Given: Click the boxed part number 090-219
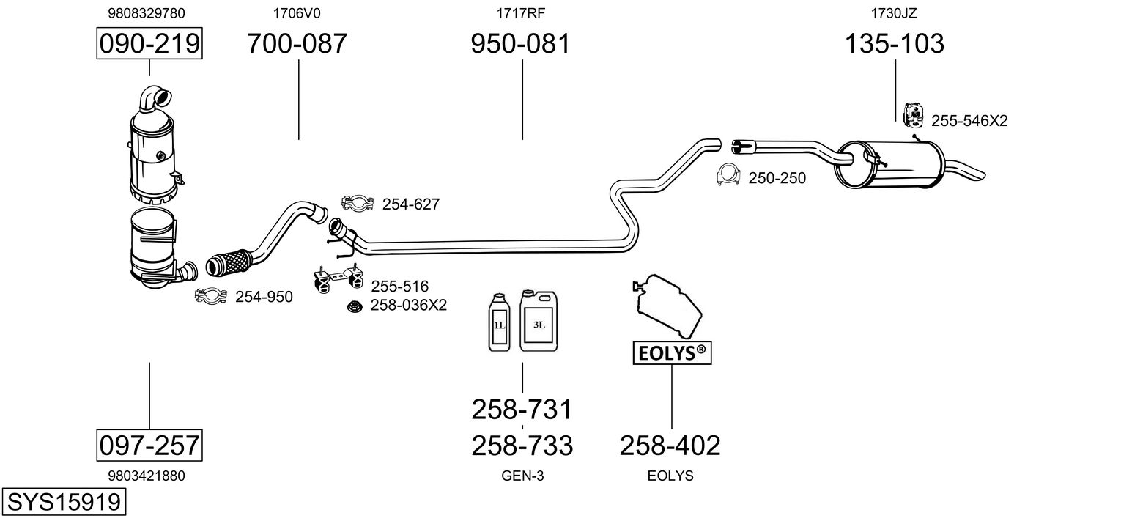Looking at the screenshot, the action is pos(149,43).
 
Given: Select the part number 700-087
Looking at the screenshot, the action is pos(297,43).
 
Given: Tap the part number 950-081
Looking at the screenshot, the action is pos(520,43).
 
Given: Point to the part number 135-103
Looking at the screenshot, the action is pos(895,43).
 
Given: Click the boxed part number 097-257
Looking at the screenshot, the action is pos(149,445).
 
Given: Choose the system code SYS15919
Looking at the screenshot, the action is pos(64,501).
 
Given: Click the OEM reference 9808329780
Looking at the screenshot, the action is pos(147,13).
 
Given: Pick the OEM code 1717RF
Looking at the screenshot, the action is pos(520,13).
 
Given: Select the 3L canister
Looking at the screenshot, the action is pos(539,320).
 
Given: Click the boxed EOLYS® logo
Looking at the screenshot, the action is pos(672,353).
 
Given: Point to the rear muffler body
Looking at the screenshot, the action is pos(889,164).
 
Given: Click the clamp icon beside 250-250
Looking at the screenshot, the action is pos(728,174).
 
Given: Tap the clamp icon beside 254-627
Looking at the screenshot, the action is pos(358,203).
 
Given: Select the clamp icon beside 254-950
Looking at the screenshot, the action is pos(211,296).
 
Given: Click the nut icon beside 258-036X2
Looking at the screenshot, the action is pos(355,306).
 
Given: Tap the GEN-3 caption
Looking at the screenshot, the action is pos(522,476).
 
